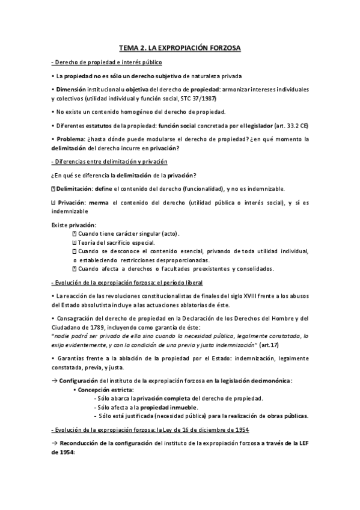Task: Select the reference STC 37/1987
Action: (197, 98)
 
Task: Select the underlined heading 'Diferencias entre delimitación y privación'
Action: (110, 162)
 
